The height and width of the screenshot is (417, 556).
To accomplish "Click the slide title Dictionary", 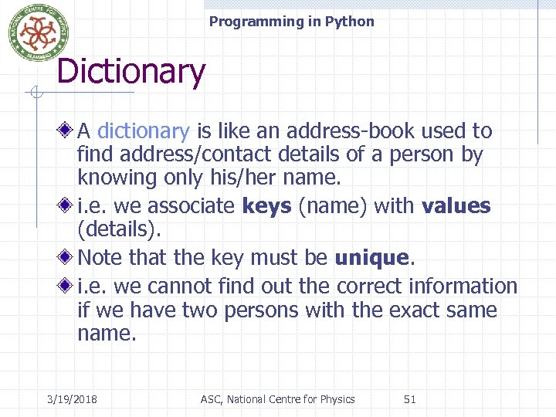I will pyautogui.click(x=131, y=73).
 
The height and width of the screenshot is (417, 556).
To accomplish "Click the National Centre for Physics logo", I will pyautogui.click(x=32, y=32).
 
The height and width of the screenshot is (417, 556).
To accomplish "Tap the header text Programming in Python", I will pyautogui.click(x=291, y=22).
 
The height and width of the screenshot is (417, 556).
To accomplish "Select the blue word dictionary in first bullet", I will pyautogui.click(x=144, y=131).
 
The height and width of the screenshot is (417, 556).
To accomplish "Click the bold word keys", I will pyautogui.click(x=266, y=206).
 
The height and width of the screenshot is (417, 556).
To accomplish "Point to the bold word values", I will pyautogui.click(x=456, y=206).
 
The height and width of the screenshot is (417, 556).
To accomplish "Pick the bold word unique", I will pyautogui.click(x=371, y=257).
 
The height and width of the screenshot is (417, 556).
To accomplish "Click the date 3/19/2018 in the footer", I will pyautogui.click(x=77, y=399).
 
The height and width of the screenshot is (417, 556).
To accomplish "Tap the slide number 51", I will pyautogui.click(x=410, y=399).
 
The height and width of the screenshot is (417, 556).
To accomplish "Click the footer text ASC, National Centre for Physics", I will pyautogui.click(x=277, y=399).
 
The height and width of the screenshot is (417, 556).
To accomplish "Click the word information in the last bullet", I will pyautogui.click(x=464, y=286).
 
